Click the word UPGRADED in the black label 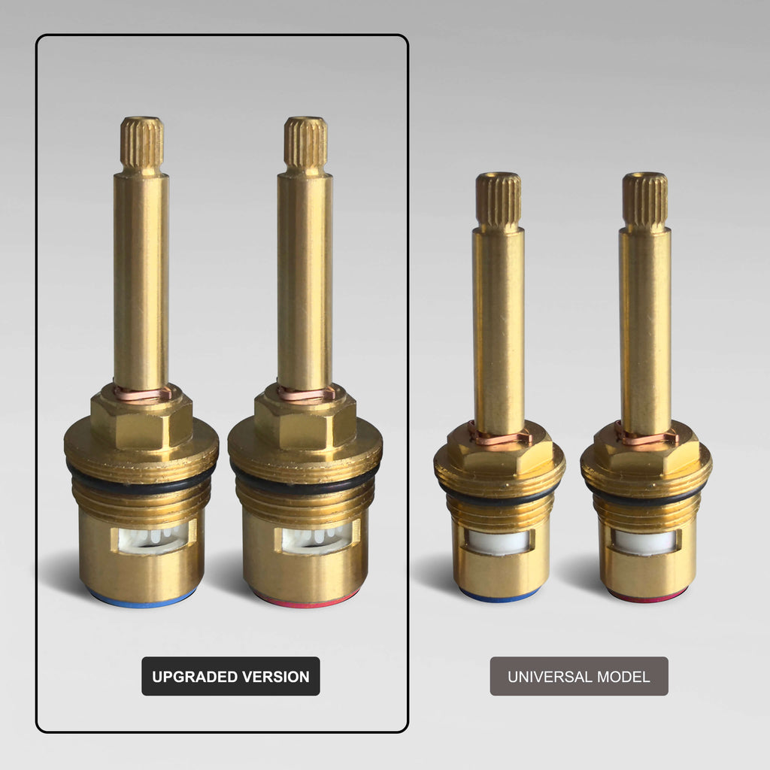pyautogui.click(x=195, y=677)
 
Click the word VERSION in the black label pyautogui.click(x=275, y=677)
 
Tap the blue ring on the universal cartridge pyautogui.click(x=499, y=596)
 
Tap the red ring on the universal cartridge pyautogui.click(x=646, y=596)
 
